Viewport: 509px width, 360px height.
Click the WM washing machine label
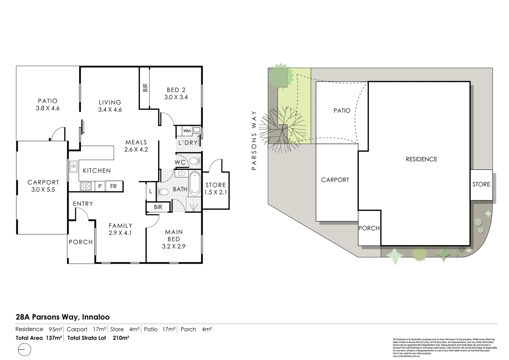[187, 131]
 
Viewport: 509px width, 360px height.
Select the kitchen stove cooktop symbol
[86, 186]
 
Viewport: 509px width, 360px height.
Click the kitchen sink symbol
[73, 166]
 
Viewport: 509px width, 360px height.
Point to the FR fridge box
[114, 186]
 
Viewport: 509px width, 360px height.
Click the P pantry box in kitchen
[100, 186]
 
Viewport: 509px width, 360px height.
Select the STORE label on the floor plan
[216, 185]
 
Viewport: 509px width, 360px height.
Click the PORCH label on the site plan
[369, 228]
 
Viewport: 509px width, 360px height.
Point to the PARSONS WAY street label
[254, 141]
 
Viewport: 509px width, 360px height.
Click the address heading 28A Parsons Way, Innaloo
[63, 317]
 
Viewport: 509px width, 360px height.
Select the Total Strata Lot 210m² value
[121, 338]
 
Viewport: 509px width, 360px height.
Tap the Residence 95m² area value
[55, 329]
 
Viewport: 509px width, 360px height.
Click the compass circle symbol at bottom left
[24, 350]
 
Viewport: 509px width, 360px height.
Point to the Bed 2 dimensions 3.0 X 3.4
[176, 97]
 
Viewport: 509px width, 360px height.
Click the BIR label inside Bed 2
[145, 88]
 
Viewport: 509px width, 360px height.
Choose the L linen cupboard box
[151, 191]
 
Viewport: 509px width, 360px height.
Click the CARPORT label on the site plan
[335, 180]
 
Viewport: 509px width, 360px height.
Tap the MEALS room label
[136, 142]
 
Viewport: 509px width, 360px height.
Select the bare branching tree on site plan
[284, 128]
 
